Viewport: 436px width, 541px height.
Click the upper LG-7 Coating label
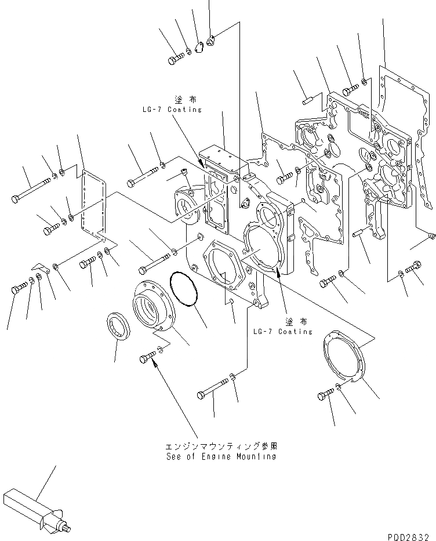[x=171, y=110]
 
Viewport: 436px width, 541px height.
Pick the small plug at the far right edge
[x=431, y=234]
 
